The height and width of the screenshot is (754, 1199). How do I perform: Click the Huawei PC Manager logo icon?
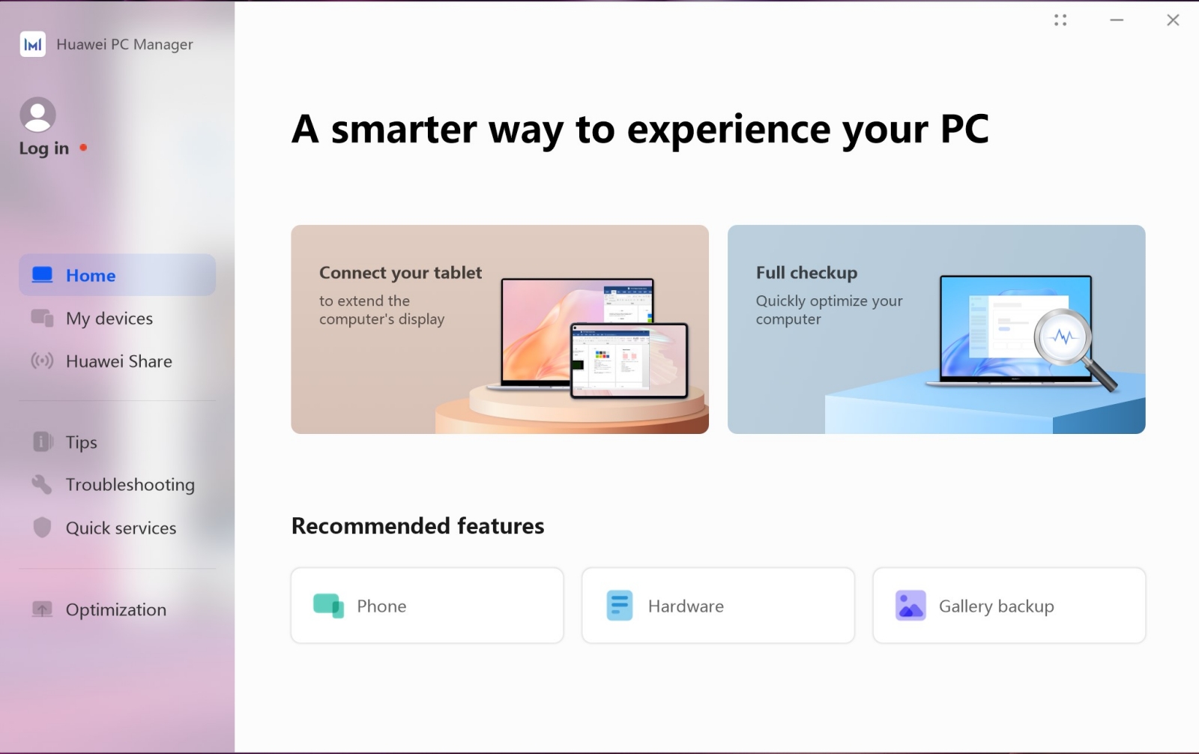tap(33, 44)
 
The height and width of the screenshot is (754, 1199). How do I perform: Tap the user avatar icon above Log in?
tap(38, 114)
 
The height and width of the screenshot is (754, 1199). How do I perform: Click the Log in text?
tap(44, 148)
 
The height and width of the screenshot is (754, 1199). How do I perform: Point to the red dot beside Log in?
tap(83, 147)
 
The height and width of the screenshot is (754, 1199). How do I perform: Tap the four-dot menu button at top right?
tap(1060, 19)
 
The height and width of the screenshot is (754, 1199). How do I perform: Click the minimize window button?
tap(1117, 19)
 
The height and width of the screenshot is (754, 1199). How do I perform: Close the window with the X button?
tap(1173, 19)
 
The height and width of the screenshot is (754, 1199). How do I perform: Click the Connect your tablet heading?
tap(400, 273)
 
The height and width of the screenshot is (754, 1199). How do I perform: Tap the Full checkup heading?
tap(806, 273)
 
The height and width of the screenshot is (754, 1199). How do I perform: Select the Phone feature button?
tap(427, 606)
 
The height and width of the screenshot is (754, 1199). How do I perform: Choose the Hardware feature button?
tap(719, 606)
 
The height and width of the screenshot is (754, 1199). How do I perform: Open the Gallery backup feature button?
tap(1009, 606)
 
